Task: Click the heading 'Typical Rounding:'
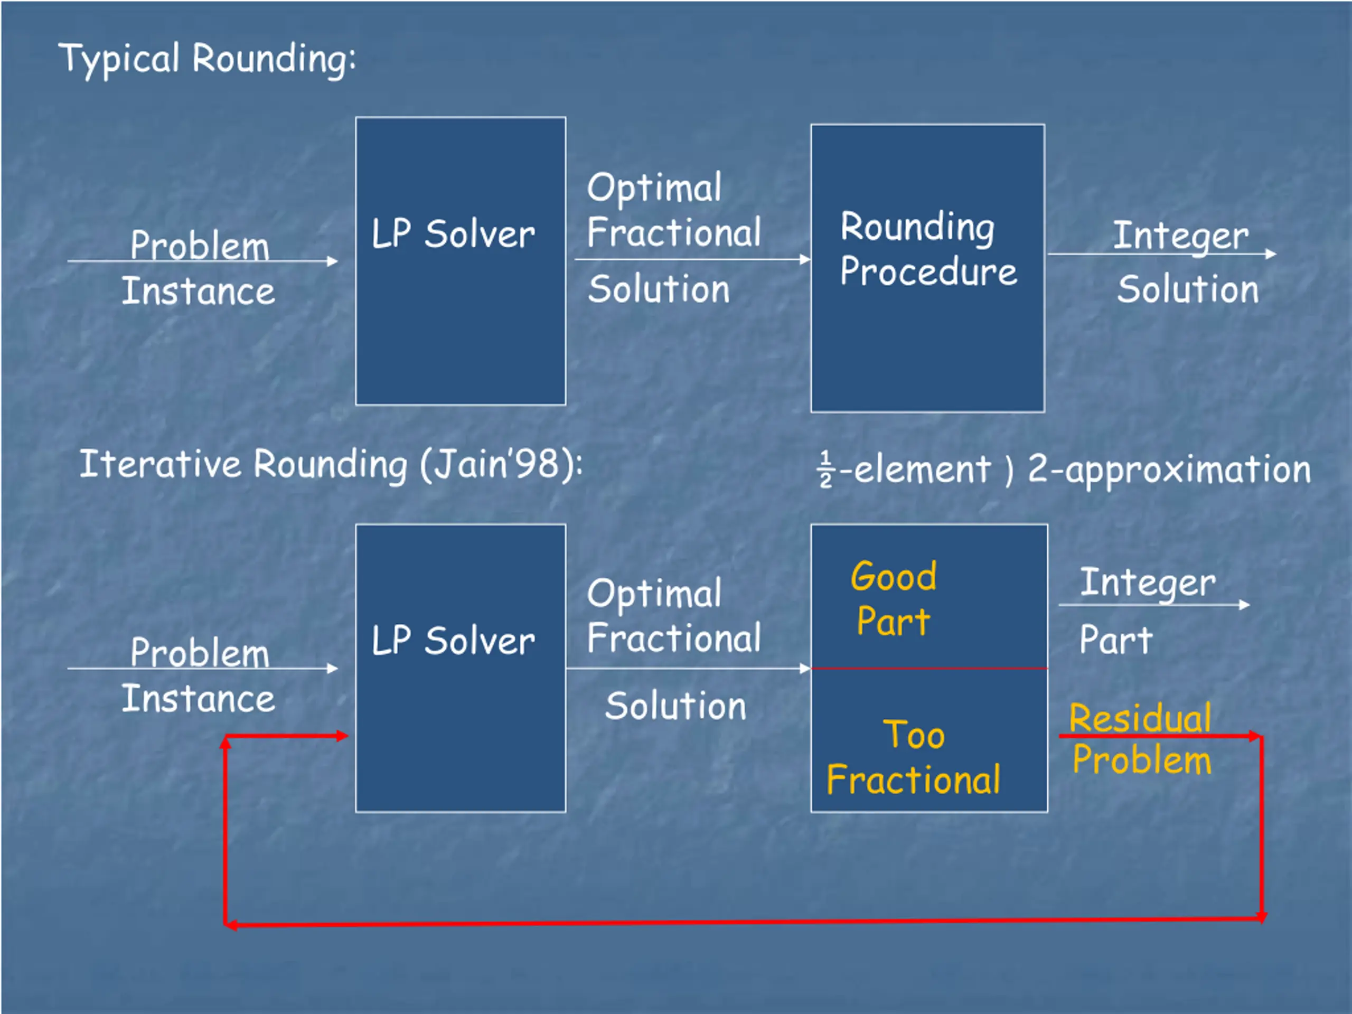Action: click(207, 59)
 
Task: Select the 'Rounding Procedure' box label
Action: click(927, 249)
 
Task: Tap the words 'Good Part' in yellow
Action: click(893, 599)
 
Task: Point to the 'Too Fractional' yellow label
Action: click(913, 757)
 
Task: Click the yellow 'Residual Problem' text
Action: click(1141, 739)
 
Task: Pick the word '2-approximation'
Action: click(1169, 470)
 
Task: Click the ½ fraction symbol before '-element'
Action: click(826, 470)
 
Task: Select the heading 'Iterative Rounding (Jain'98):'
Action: click(331, 465)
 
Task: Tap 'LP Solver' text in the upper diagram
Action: click(453, 234)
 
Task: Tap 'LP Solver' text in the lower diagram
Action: click(453, 641)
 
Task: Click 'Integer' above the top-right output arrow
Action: click(1180, 236)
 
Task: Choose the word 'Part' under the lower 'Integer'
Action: click(1115, 640)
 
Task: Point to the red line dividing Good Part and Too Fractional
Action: click(929, 669)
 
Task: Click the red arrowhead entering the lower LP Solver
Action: click(342, 736)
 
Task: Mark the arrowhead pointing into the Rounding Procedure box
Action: click(805, 260)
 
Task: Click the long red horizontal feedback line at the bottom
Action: click(734, 922)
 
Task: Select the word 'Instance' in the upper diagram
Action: click(198, 291)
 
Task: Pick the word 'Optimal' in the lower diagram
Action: click(654, 594)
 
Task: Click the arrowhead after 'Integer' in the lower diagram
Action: click(1244, 605)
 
